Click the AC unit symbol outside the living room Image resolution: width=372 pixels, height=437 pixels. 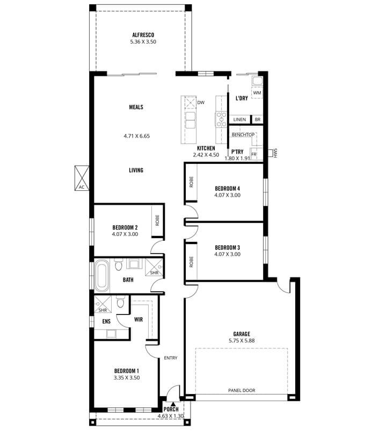82,178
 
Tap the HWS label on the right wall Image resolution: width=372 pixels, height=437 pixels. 276,153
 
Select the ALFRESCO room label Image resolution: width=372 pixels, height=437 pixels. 143,35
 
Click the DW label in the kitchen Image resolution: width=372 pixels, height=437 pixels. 201,103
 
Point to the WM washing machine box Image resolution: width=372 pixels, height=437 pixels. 257,93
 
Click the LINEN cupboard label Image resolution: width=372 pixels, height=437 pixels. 239,119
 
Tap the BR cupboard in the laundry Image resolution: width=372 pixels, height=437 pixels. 258,119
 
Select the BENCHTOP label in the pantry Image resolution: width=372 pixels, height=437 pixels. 243,135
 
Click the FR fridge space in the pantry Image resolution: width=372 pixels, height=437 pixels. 254,154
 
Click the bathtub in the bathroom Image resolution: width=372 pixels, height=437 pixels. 101,276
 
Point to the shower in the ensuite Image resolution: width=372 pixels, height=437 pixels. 103,304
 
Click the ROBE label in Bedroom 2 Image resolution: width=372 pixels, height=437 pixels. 157,220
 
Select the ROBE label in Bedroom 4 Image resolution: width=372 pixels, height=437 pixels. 191,182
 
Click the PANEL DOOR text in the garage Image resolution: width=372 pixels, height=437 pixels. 242,390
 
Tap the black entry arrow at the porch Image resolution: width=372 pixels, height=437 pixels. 173,404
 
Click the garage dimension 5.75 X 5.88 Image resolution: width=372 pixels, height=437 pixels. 242,341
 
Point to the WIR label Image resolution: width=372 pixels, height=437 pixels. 138,319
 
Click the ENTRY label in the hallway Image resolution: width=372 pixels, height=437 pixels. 171,358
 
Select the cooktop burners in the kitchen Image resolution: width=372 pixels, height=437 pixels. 222,119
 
